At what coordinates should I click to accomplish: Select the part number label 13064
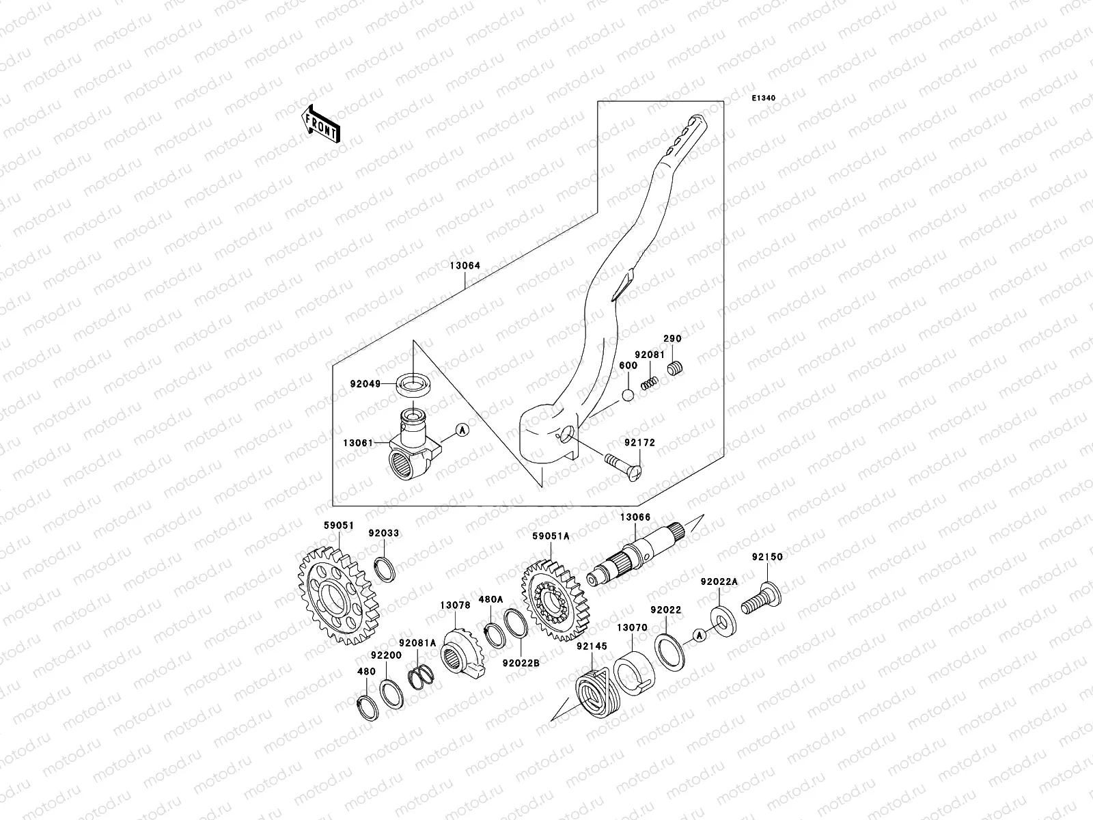click(x=465, y=266)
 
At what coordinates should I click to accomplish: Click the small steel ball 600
click(x=628, y=396)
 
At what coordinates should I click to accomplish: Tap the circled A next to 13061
click(x=462, y=430)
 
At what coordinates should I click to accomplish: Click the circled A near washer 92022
click(x=697, y=635)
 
